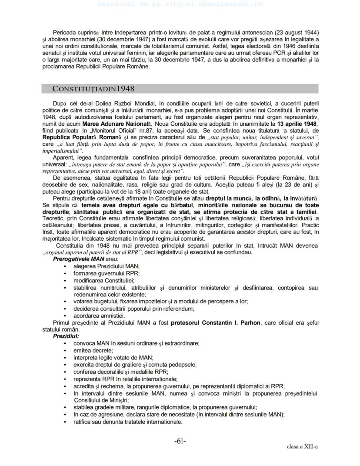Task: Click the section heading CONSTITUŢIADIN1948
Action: click(93, 89)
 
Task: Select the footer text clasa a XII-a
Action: click(302, 446)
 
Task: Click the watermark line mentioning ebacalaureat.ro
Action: click(180, 3)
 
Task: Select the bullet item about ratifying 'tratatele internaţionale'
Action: click(128, 422)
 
